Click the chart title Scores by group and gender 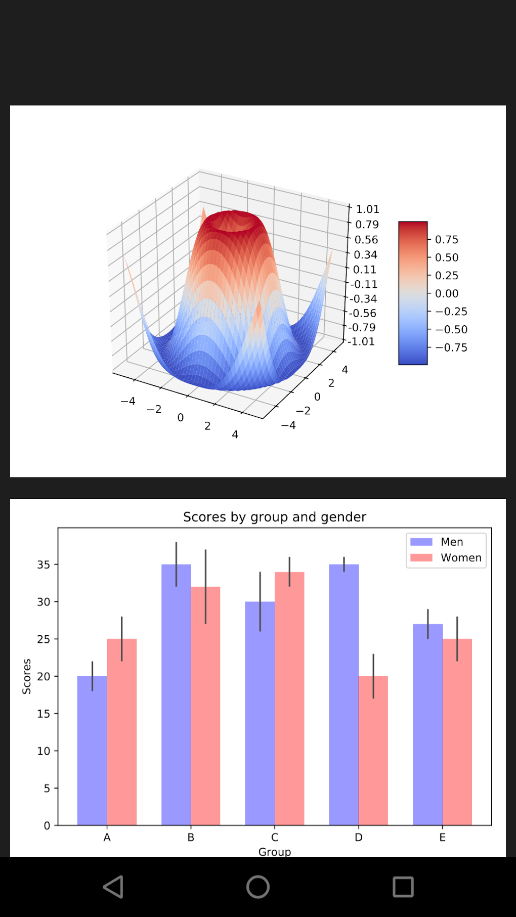tap(274, 517)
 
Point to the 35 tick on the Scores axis tap(44, 564)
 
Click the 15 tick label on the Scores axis tap(44, 714)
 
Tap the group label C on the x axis tap(275, 837)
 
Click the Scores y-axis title tap(27, 676)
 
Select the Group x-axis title tap(275, 852)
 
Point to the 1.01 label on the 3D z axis tap(368, 209)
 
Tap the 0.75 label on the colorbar tap(447, 239)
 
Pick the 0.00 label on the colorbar tap(447, 293)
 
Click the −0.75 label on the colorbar tap(452, 347)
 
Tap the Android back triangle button tap(113, 887)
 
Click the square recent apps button tap(403, 887)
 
